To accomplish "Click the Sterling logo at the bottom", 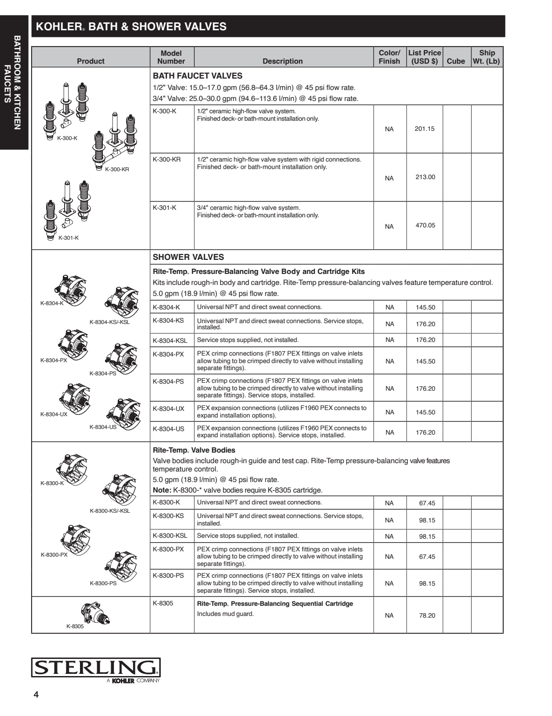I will [x=95, y=669].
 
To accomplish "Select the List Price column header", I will [x=425, y=57].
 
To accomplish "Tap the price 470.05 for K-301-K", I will [x=425, y=225].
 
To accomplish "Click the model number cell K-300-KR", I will [x=167, y=159].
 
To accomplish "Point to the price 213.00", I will [x=425, y=177].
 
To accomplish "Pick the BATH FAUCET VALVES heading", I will [x=197, y=76].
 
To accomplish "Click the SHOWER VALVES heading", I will [x=188, y=257].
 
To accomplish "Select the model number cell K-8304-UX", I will [x=168, y=409].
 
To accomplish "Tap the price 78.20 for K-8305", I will [x=427, y=615].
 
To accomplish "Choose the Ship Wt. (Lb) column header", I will [x=487, y=57].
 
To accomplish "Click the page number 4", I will [x=36, y=694].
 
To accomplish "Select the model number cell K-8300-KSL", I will [x=170, y=536].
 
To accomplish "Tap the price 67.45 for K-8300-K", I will [x=427, y=503].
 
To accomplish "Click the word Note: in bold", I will [x=162, y=490].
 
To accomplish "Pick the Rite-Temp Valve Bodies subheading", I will [x=194, y=450].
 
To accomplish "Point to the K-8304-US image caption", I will [x=103, y=427].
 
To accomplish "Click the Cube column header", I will [x=456, y=61].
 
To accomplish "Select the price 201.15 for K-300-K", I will [x=425, y=129].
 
